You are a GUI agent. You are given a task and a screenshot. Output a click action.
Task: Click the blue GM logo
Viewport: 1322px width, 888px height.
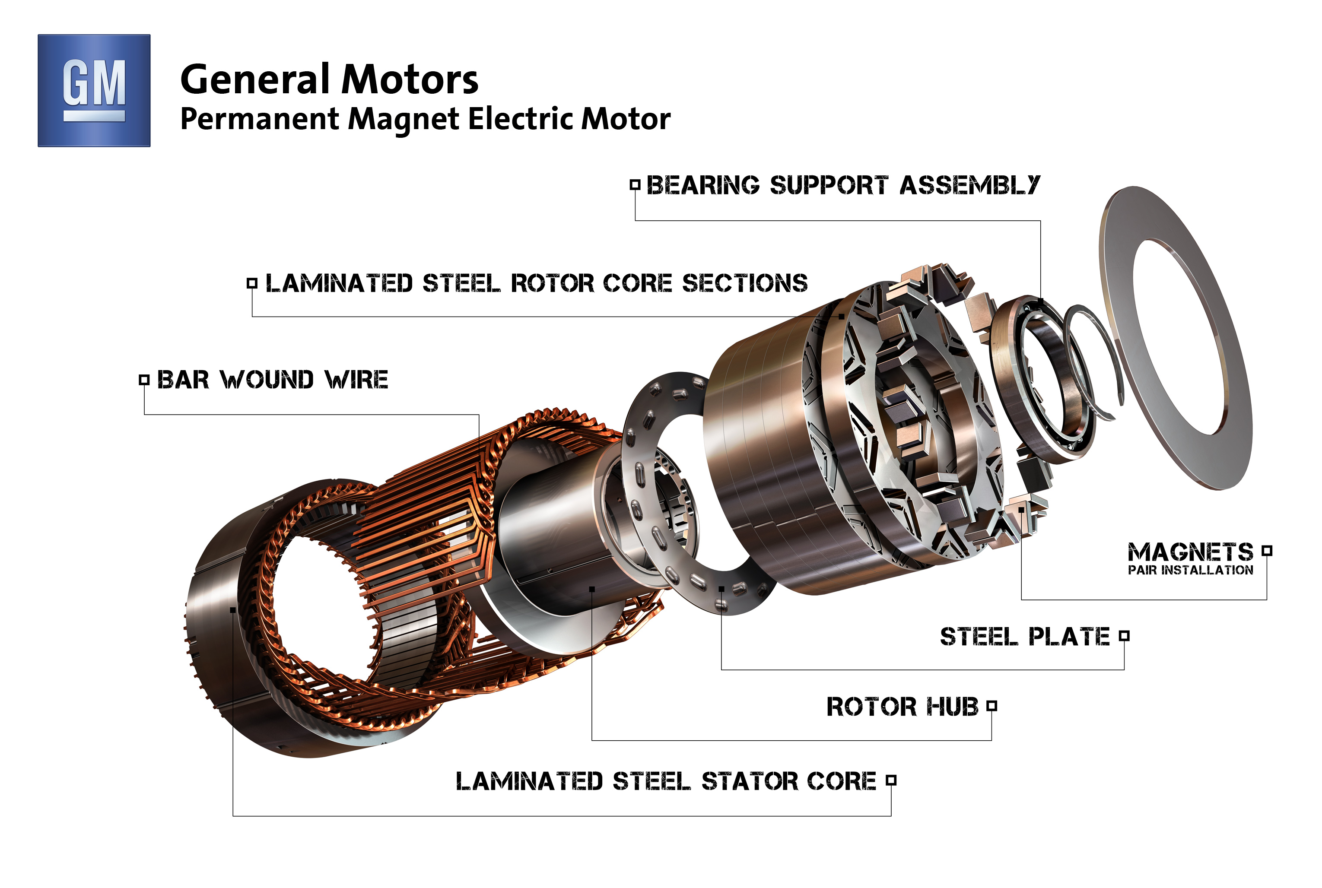[94, 91]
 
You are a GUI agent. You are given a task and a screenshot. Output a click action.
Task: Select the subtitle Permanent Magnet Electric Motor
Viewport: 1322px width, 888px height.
[425, 120]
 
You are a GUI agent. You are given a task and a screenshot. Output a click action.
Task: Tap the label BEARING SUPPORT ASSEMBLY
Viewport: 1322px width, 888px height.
[843, 185]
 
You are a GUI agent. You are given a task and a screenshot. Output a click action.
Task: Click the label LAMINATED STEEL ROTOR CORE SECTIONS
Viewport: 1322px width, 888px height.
[537, 283]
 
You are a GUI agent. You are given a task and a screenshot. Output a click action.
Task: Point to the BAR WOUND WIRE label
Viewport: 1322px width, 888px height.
[273, 380]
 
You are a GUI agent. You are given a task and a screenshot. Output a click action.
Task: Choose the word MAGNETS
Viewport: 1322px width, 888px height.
[1190, 552]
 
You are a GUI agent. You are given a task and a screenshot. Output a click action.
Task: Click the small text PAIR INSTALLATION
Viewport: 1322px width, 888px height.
[1190, 570]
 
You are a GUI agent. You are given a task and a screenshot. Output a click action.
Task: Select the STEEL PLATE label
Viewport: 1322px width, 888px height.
[1025, 637]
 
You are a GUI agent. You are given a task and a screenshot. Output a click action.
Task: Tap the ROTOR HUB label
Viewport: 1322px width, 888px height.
[903, 707]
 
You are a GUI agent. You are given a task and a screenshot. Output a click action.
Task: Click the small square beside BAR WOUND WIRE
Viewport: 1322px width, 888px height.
[144, 380]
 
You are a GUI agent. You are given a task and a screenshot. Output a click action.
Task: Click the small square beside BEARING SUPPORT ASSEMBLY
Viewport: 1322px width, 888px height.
[635, 184]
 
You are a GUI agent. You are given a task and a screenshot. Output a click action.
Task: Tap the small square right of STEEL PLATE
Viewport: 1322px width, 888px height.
[1124, 636]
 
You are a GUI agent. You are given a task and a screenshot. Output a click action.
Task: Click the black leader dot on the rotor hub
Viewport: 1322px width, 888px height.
[592, 590]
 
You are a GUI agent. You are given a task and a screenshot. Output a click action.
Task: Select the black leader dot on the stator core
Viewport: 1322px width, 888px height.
[233, 610]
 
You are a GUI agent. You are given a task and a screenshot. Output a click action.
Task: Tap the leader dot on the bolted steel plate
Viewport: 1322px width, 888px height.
[721, 589]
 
